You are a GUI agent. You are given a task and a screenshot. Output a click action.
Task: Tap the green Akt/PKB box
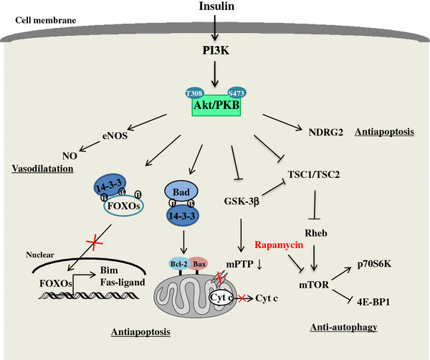tap(215, 106)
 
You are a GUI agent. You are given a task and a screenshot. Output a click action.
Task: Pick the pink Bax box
tap(199, 265)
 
